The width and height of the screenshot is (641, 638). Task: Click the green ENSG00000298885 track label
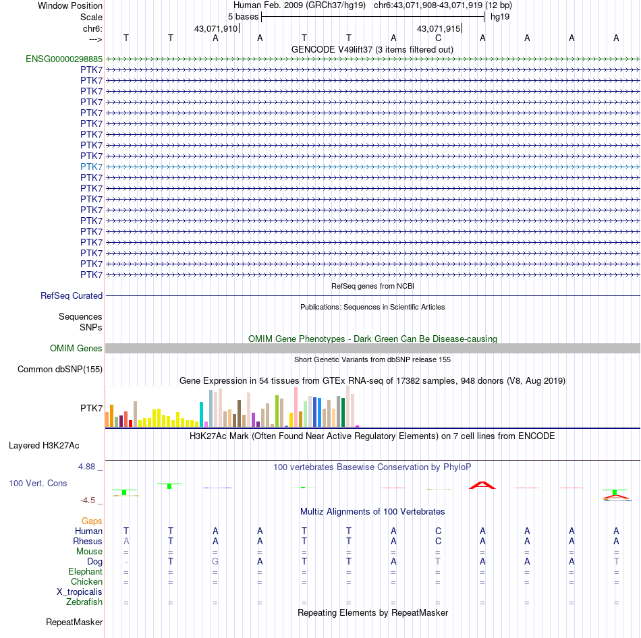tap(64, 59)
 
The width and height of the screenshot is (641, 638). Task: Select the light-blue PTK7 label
tap(91, 167)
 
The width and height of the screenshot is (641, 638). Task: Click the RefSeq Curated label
tap(72, 295)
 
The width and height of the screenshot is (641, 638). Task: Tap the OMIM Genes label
tap(76, 348)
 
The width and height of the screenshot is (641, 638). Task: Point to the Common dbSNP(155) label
tap(60, 369)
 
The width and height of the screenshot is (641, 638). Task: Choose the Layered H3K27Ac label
tap(44, 445)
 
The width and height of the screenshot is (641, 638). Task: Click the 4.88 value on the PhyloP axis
tap(90, 466)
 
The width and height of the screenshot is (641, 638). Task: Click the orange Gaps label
tap(92, 521)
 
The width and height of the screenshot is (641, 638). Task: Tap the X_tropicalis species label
tap(80, 591)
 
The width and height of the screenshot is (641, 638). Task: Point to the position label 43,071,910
tap(215, 29)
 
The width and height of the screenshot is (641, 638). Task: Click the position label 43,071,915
tap(439, 29)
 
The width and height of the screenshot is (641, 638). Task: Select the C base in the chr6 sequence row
tap(438, 38)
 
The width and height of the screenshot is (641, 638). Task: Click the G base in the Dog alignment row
tap(215, 561)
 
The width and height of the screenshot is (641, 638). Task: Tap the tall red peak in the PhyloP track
tap(482, 484)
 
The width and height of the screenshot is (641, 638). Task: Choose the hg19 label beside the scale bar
tap(500, 16)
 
